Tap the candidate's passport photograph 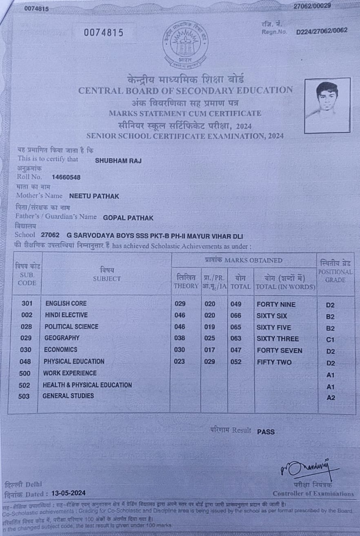(x=327, y=106)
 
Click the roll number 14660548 (x=66, y=177)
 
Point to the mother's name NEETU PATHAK (x=94, y=196)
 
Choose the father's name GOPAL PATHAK (x=128, y=218)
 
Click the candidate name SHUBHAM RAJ (x=118, y=160)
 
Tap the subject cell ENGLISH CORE (x=66, y=303)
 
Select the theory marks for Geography (x=179, y=338)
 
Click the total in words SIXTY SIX (x=272, y=316)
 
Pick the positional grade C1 (x=330, y=339)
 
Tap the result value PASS (x=266, y=432)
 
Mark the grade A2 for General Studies (x=331, y=398)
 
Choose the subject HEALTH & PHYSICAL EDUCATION (x=87, y=385)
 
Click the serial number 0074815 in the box (x=104, y=33)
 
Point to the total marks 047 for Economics (x=236, y=350)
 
